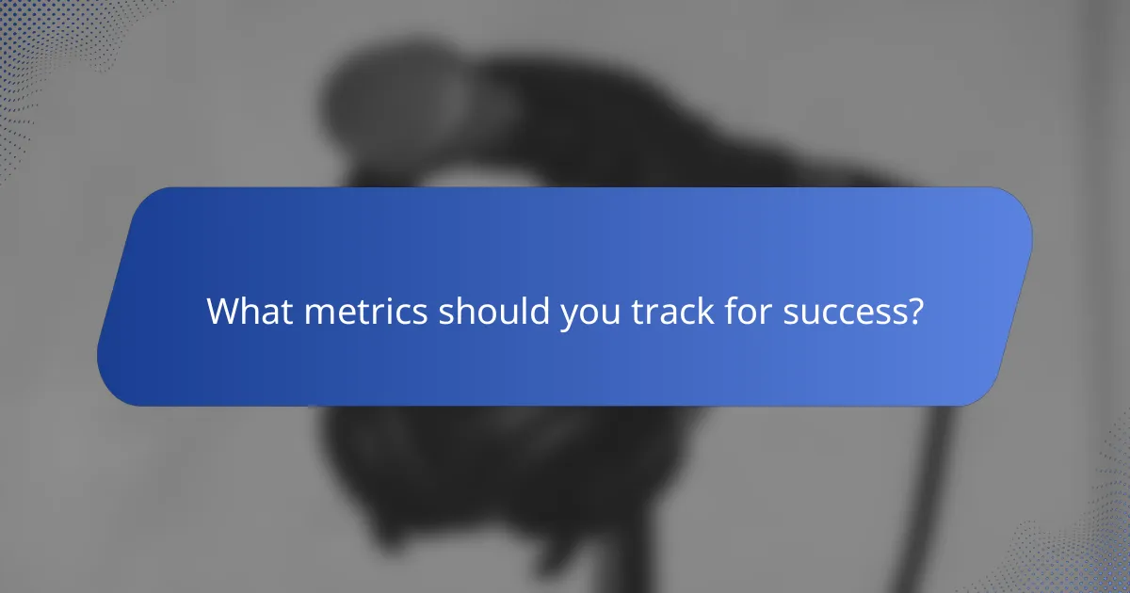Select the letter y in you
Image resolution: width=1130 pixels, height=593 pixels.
[x=568, y=316]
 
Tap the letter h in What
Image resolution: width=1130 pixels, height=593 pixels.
[x=249, y=312]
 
